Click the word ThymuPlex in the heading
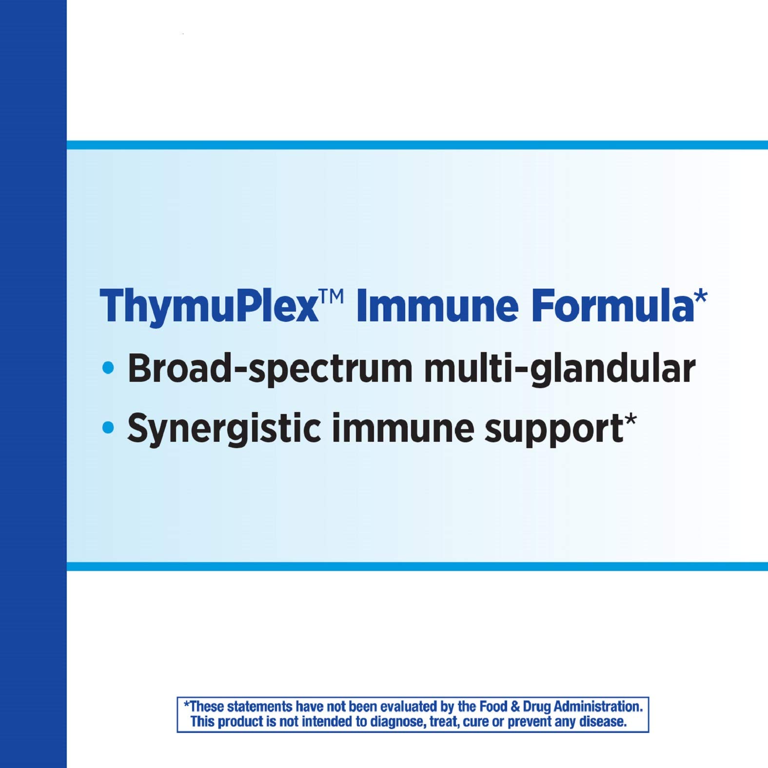coord(209,306)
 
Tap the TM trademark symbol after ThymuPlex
coord(332,295)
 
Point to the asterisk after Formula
coord(701,295)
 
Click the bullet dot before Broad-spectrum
coord(108,368)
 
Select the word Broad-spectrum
coord(270,369)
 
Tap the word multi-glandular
coord(560,369)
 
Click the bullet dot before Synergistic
coord(108,428)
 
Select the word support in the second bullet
coord(554,431)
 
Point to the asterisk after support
coord(630,420)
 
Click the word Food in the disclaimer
coord(493,707)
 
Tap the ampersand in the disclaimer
coord(515,707)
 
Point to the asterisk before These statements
coord(186,704)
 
